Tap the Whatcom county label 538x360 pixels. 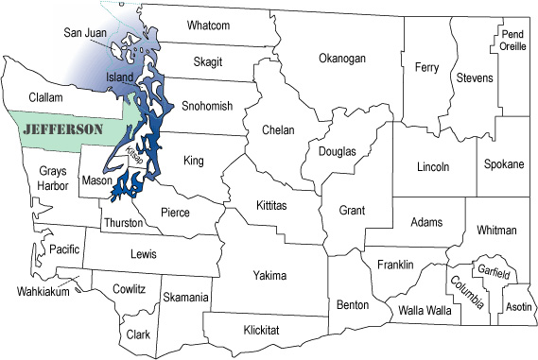click(208, 25)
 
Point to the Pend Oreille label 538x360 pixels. click(512, 41)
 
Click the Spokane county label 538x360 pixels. click(503, 164)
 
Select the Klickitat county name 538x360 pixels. click(267, 329)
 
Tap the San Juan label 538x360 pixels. click(85, 32)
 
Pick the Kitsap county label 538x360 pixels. click(134, 161)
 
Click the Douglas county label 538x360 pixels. click(338, 151)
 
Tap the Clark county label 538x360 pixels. click(138, 334)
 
